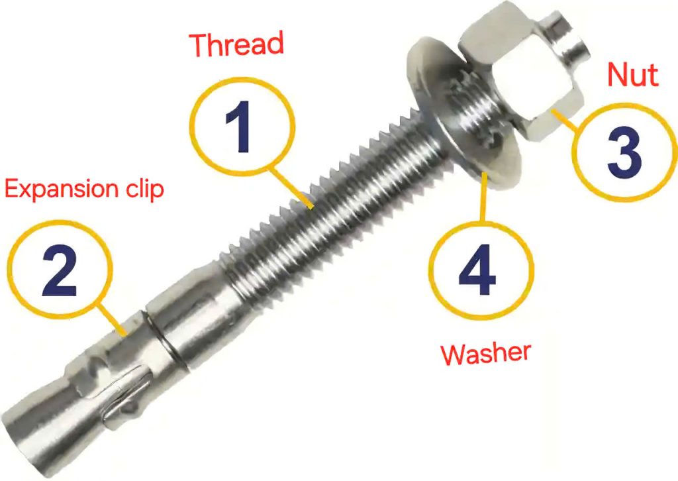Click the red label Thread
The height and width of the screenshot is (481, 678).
pos(236,44)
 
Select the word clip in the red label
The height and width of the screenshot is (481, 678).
pos(142,189)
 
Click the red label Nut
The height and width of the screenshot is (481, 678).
pos(633,76)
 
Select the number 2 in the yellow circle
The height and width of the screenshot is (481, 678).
pos(60,272)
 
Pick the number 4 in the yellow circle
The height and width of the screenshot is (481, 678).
pos(479,271)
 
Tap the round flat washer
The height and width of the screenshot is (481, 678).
pos(463,113)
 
